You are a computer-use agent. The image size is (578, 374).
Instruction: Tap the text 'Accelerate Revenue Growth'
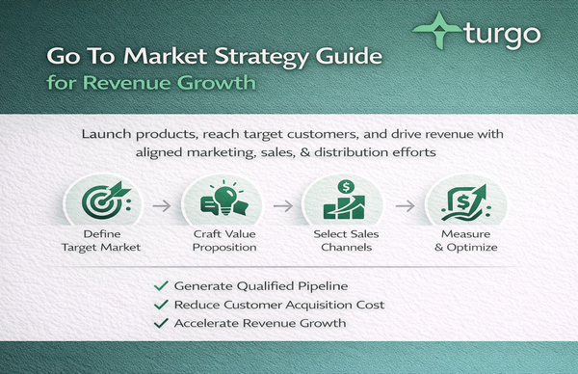point(258,322)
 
